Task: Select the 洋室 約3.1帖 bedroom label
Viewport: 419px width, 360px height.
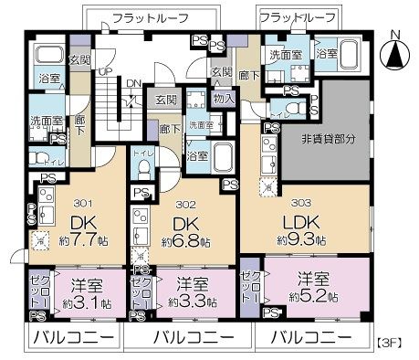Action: tap(87, 291)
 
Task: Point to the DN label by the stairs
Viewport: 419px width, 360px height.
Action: tap(132, 81)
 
